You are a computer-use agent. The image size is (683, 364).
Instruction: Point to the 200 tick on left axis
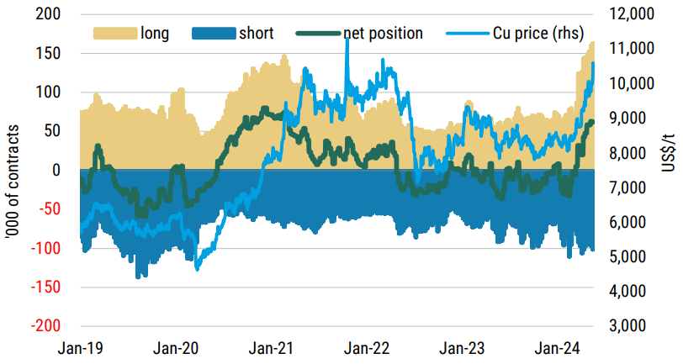(x=50, y=14)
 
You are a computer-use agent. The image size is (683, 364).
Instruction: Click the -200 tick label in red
(x=48, y=325)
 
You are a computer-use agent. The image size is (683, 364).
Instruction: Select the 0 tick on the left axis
(x=57, y=170)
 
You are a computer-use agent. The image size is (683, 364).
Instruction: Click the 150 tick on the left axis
(x=50, y=54)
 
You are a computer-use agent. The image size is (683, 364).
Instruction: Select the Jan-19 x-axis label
(x=82, y=346)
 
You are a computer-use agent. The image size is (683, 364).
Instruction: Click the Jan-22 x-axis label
(x=368, y=346)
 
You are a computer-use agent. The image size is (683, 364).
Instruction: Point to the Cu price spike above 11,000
(x=347, y=42)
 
